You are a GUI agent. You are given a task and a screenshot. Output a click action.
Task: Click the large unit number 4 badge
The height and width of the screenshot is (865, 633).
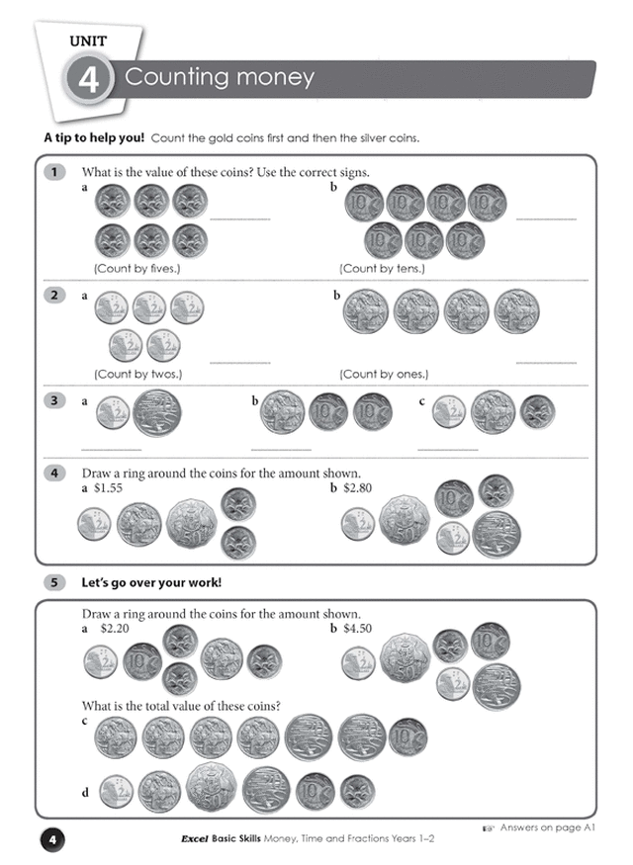pyautogui.click(x=88, y=79)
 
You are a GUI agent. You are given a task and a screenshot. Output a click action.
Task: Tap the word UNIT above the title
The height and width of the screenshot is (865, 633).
pyautogui.click(x=88, y=41)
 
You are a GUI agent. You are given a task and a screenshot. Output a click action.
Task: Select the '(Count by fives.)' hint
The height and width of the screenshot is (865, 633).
pyautogui.click(x=136, y=269)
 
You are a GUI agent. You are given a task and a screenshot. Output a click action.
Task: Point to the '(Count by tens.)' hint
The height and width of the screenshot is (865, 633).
pyautogui.click(x=382, y=269)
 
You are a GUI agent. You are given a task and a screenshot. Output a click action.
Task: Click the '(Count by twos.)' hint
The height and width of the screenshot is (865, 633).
pyautogui.click(x=137, y=374)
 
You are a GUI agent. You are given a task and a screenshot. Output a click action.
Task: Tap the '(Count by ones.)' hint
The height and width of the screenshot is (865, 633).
pyautogui.click(x=384, y=374)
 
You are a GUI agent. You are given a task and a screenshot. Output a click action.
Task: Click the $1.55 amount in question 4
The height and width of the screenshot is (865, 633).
pyautogui.click(x=108, y=487)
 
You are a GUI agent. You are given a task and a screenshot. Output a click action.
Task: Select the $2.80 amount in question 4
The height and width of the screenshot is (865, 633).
pyautogui.click(x=358, y=487)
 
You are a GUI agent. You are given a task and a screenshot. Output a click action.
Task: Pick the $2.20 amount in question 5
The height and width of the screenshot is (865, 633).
pyautogui.click(x=115, y=629)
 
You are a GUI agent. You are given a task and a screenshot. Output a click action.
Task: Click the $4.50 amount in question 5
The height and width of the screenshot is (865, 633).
pyautogui.click(x=358, y=629)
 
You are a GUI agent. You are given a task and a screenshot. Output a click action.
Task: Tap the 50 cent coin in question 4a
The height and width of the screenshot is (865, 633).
pyautogui.click(x=192, y=523)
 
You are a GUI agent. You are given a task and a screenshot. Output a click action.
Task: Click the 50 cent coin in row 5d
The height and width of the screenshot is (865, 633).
pyautogui.click(x=211, y=788)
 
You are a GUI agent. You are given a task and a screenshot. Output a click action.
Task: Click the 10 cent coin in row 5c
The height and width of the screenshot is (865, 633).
pyautogui.click(x=407, y=737)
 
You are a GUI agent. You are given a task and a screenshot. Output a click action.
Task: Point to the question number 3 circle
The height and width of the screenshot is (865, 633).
pyautogui.click(x=54, y=400)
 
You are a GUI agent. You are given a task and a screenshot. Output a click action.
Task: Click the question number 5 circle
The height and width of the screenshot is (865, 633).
pyautogui.click(x=54, y=582)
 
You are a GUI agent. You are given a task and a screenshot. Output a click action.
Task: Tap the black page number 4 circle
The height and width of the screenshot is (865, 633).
pyautogui.click(x=52, y=840)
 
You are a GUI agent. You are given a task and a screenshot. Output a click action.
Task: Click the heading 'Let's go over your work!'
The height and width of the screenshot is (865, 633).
pyautogui.click(x=151, y=582)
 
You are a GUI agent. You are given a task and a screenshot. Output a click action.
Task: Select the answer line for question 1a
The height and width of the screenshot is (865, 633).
pyautogui.click(x=240, y=219)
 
